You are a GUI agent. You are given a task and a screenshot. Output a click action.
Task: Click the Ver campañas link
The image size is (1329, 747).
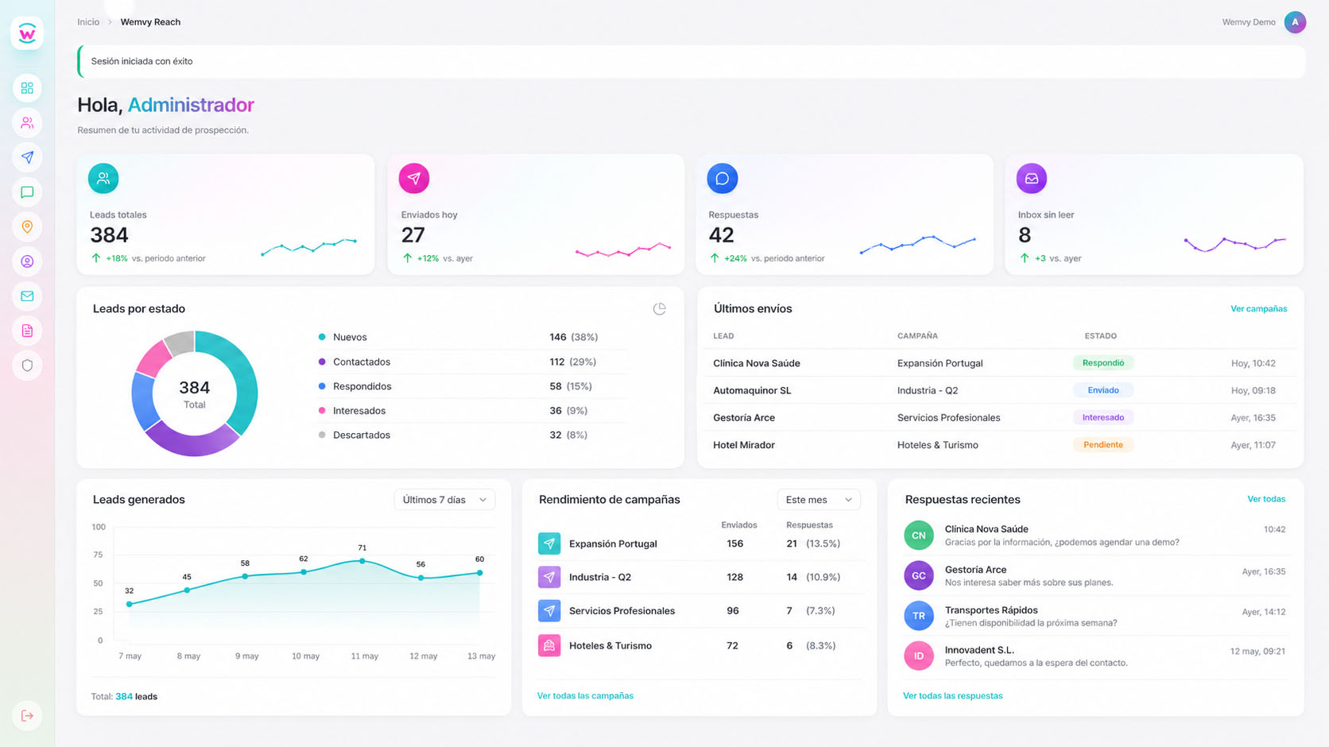1258,308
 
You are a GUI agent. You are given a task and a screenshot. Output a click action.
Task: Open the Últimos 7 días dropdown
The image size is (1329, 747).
444,500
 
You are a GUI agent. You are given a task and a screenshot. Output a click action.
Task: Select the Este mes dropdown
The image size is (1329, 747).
818,500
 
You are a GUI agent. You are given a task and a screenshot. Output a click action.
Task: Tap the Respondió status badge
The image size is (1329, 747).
1103,362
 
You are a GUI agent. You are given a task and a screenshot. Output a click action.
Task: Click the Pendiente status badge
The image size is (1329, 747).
1103,444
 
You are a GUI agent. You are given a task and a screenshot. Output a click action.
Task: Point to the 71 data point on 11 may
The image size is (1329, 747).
362,561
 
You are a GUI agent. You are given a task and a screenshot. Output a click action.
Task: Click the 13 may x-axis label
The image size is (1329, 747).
481,656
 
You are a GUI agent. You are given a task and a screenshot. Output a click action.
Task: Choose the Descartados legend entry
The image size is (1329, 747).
362,435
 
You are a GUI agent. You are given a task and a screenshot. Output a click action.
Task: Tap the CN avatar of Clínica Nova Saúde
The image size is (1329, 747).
918,535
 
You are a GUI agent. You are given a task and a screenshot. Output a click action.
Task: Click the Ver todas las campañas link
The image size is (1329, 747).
585,695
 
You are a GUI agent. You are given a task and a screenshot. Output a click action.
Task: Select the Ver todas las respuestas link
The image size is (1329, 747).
952,695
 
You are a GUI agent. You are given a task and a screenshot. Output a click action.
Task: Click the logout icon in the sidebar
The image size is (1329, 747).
27,715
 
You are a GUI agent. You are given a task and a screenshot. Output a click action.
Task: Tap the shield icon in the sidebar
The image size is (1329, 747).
27,366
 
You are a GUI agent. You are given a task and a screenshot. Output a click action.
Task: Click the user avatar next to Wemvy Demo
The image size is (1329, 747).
1295,22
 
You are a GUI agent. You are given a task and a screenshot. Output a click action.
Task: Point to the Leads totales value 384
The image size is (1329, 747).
109,235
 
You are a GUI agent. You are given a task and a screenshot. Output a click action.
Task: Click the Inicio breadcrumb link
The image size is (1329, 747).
88,22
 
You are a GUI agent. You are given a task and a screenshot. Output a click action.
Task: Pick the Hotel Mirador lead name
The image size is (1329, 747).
744,445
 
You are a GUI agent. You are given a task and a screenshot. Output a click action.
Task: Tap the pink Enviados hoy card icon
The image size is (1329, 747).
413,178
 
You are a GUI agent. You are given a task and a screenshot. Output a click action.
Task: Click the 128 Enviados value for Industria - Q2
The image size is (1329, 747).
734,577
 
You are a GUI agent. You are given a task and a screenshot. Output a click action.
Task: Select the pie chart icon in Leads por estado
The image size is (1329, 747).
659,308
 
